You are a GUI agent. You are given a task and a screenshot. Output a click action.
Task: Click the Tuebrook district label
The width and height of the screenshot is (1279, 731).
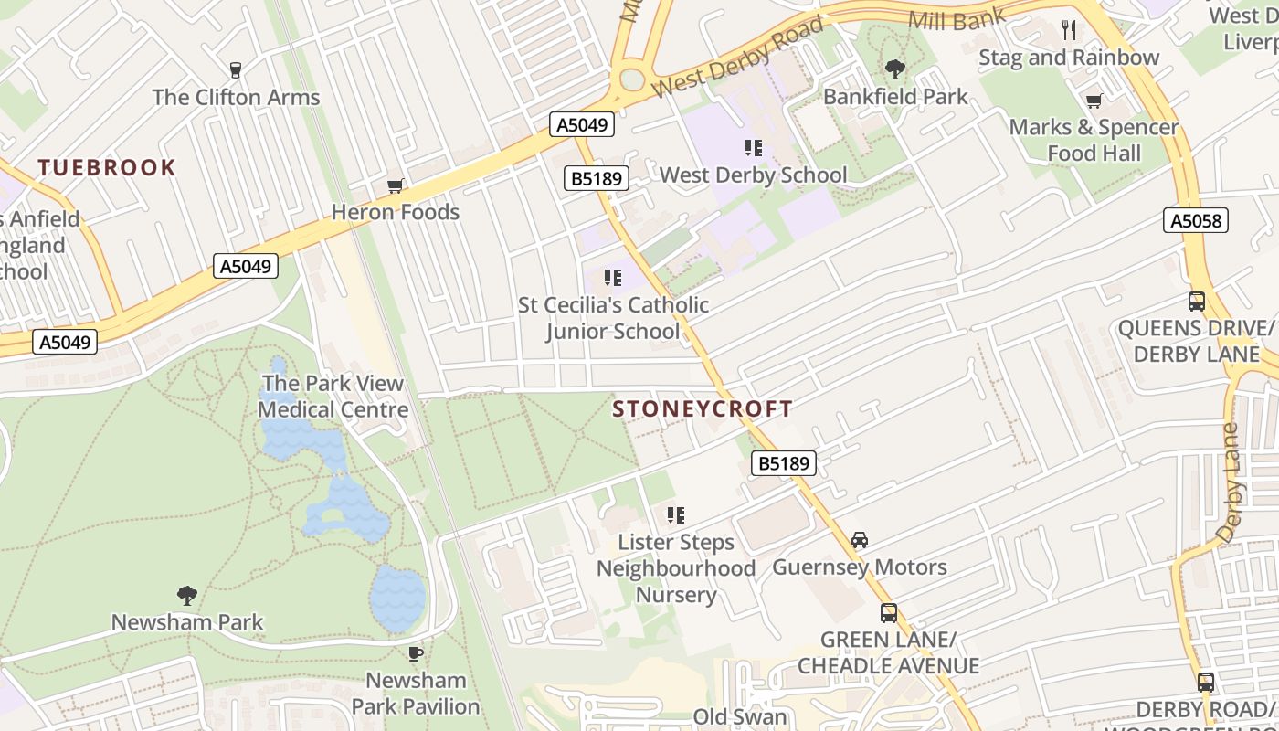(107, 167)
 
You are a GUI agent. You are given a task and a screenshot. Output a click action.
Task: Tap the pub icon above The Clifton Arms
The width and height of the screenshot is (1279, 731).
(236, 70)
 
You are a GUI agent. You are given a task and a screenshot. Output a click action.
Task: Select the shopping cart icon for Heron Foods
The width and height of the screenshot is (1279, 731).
(396, 186)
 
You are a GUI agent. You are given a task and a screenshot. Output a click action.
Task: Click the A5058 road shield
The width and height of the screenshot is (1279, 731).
(1196, 220)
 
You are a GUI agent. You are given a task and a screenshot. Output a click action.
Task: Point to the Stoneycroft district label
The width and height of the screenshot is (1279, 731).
(703, 408)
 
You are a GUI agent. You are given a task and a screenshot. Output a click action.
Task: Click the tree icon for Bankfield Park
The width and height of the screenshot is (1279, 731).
(894, 69)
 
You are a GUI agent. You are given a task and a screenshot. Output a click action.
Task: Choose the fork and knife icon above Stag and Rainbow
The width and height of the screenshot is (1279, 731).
(1069, 30)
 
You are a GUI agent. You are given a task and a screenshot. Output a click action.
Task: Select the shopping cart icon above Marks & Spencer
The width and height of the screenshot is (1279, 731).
(1094, 101)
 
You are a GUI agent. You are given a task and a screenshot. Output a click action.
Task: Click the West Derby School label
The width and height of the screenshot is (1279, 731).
(754, 175)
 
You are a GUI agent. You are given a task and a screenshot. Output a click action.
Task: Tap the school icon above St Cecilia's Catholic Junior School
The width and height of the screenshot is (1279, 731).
(612, 278)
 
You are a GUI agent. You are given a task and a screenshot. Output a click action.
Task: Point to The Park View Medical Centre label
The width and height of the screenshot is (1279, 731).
(333, 397)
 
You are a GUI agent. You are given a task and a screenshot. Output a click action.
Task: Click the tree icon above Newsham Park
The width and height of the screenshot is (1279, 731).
(186, 596)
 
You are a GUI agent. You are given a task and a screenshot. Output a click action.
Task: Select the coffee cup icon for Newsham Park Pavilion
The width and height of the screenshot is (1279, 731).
(416, 653)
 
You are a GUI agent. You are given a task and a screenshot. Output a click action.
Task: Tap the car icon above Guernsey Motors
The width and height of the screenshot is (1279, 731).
(860, 540)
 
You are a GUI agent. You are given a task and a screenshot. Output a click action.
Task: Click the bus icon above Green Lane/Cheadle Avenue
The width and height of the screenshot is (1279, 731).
(888, 613)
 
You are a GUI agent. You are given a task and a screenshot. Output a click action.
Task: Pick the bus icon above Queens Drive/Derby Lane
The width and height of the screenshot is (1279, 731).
(1196, 302)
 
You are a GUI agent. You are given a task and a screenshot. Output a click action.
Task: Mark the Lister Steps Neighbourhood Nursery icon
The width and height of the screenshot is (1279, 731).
(676, 515)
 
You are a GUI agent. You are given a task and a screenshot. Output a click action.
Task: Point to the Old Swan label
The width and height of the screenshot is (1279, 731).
(740, 717)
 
